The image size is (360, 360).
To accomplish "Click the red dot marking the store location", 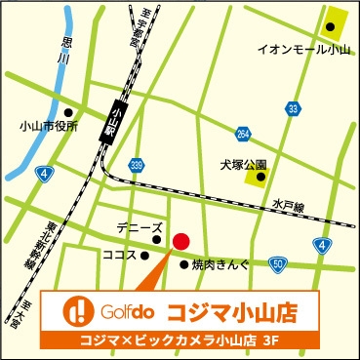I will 180,241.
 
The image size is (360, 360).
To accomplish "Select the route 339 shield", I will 139,165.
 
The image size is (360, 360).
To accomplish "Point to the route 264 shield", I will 241,134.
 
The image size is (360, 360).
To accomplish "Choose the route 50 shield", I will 278,263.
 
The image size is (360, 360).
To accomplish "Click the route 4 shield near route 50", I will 321,244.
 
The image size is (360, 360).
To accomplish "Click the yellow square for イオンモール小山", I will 336,20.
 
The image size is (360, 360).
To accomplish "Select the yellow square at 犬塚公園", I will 257,177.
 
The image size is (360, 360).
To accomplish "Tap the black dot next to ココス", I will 143,256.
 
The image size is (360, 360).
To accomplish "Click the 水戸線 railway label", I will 288,206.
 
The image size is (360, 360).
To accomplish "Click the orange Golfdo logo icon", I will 75,312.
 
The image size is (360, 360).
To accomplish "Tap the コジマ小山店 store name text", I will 231,312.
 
